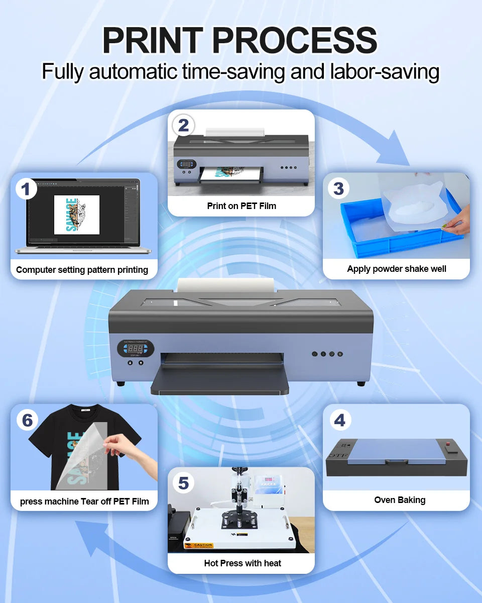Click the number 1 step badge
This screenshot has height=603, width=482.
[26, 189]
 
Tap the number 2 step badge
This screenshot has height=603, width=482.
[183, 125]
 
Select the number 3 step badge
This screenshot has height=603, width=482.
[338, 188]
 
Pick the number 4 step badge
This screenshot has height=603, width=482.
[339, 420]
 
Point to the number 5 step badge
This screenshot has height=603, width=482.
[183, 483]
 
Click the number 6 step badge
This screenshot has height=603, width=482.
[27, 420]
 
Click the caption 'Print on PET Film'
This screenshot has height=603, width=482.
[241, 206]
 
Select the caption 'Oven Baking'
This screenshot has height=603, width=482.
[400, 500]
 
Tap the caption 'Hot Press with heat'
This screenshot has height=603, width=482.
[243, 563]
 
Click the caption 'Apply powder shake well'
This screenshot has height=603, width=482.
[396, 269]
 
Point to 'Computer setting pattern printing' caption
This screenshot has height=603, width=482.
[82, 270]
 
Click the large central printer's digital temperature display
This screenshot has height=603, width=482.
[136, 348]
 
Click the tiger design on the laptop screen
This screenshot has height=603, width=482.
[77, 215]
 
